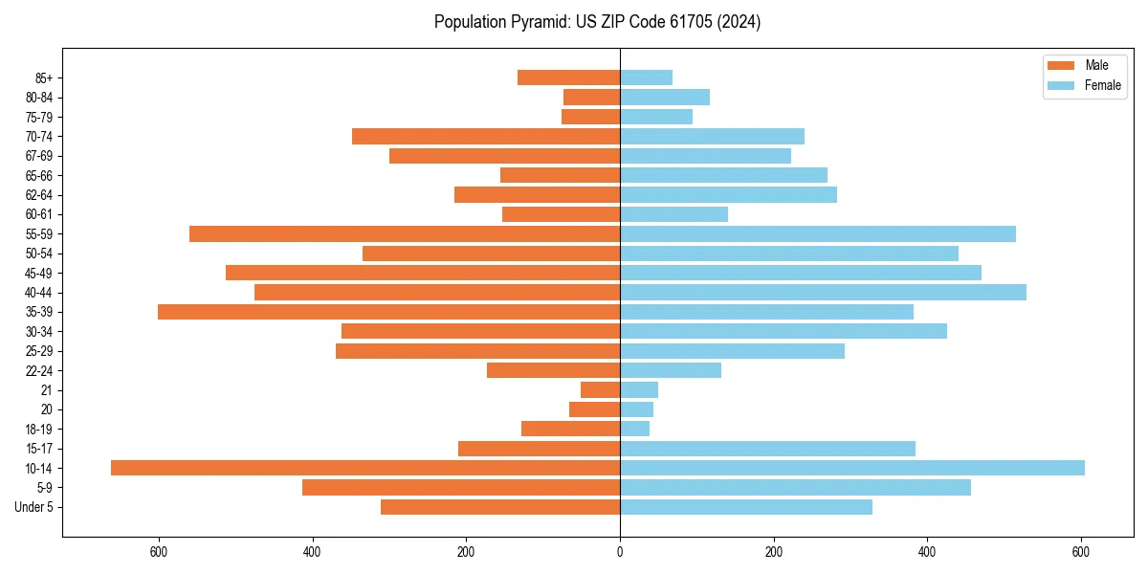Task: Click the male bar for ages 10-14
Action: click(x=365, y=468)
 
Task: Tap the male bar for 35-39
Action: click(x=388, y=312)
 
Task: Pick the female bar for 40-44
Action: click(x=823, y=292)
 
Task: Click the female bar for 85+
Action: click(x=646, y=77)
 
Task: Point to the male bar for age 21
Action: click(x=600, y=390)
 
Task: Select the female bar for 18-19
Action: click(x=634, y=429)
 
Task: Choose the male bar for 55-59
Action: click(x=405, y=233)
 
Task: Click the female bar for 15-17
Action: click(x=767, y=449)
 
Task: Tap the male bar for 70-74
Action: click(x=486, y=136)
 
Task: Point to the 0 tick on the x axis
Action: click(x=620, y=552)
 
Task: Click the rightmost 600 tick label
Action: click(x=1081, y=552)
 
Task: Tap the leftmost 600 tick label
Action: click(x=159, y=552)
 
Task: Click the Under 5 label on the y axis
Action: click(x=33, y=507)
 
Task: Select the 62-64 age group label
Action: click(x=39, y=195)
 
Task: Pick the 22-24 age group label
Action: click(x=39, y=370)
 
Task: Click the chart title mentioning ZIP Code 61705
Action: click(x=597, y=22)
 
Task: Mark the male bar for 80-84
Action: click(x=591, y=97)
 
